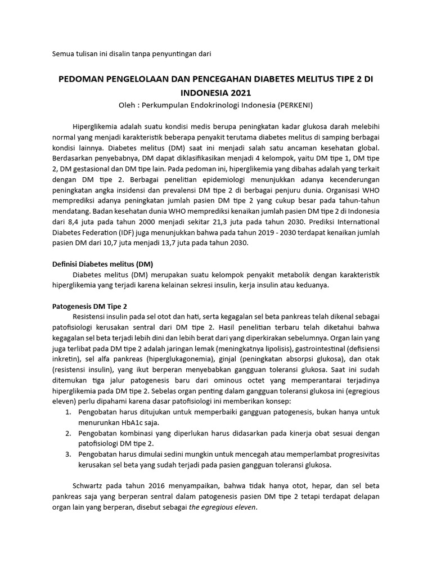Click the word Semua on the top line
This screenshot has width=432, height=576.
(63, 53)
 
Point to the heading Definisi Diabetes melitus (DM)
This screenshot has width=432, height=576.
(102, 264)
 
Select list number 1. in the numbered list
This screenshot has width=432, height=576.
(67, 413)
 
